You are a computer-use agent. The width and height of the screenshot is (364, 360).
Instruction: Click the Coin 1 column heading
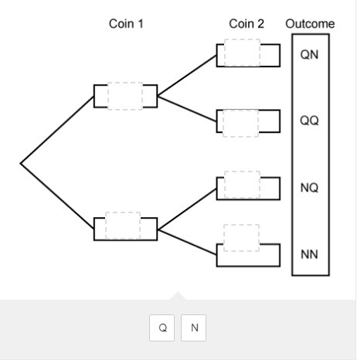pos(126,24)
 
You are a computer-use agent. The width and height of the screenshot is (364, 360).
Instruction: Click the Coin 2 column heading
pos(247,24)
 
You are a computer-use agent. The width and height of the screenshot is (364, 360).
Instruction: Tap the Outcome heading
pos(310,24)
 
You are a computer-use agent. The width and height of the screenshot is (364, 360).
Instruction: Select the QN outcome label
pos(309,55)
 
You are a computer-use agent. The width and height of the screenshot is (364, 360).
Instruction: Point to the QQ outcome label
pos(309,121)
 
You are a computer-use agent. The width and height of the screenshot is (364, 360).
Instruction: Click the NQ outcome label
pos(309,188)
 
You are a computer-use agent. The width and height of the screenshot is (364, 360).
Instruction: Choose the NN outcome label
pos(309,254)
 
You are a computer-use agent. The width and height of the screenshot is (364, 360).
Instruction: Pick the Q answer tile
pos(162,328)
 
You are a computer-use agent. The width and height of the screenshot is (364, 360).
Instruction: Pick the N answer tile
pos(194,328)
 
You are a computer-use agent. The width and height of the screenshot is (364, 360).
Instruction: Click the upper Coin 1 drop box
pos(125,96)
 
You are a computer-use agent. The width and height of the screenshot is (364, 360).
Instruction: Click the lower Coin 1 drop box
pos(123,226)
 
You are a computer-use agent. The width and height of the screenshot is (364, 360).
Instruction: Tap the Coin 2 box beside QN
pos(242,53)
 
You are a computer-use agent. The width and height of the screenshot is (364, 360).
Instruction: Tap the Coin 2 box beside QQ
pos(240,124)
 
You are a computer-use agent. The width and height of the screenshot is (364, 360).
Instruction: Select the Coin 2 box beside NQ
pos(242,185)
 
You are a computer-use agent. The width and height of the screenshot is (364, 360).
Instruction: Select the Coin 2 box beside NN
pos(241,238)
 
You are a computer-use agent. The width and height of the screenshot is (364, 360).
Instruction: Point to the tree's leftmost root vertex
pos(21,163)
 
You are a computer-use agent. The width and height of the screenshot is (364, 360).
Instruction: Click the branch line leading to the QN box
pos(187,76)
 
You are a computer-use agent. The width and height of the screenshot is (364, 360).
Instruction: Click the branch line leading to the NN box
pos(187,243)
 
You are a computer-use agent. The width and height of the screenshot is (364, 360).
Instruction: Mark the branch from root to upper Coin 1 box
pos(57,130)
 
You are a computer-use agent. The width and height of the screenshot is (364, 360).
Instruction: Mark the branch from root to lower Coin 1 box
pos(57,196)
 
